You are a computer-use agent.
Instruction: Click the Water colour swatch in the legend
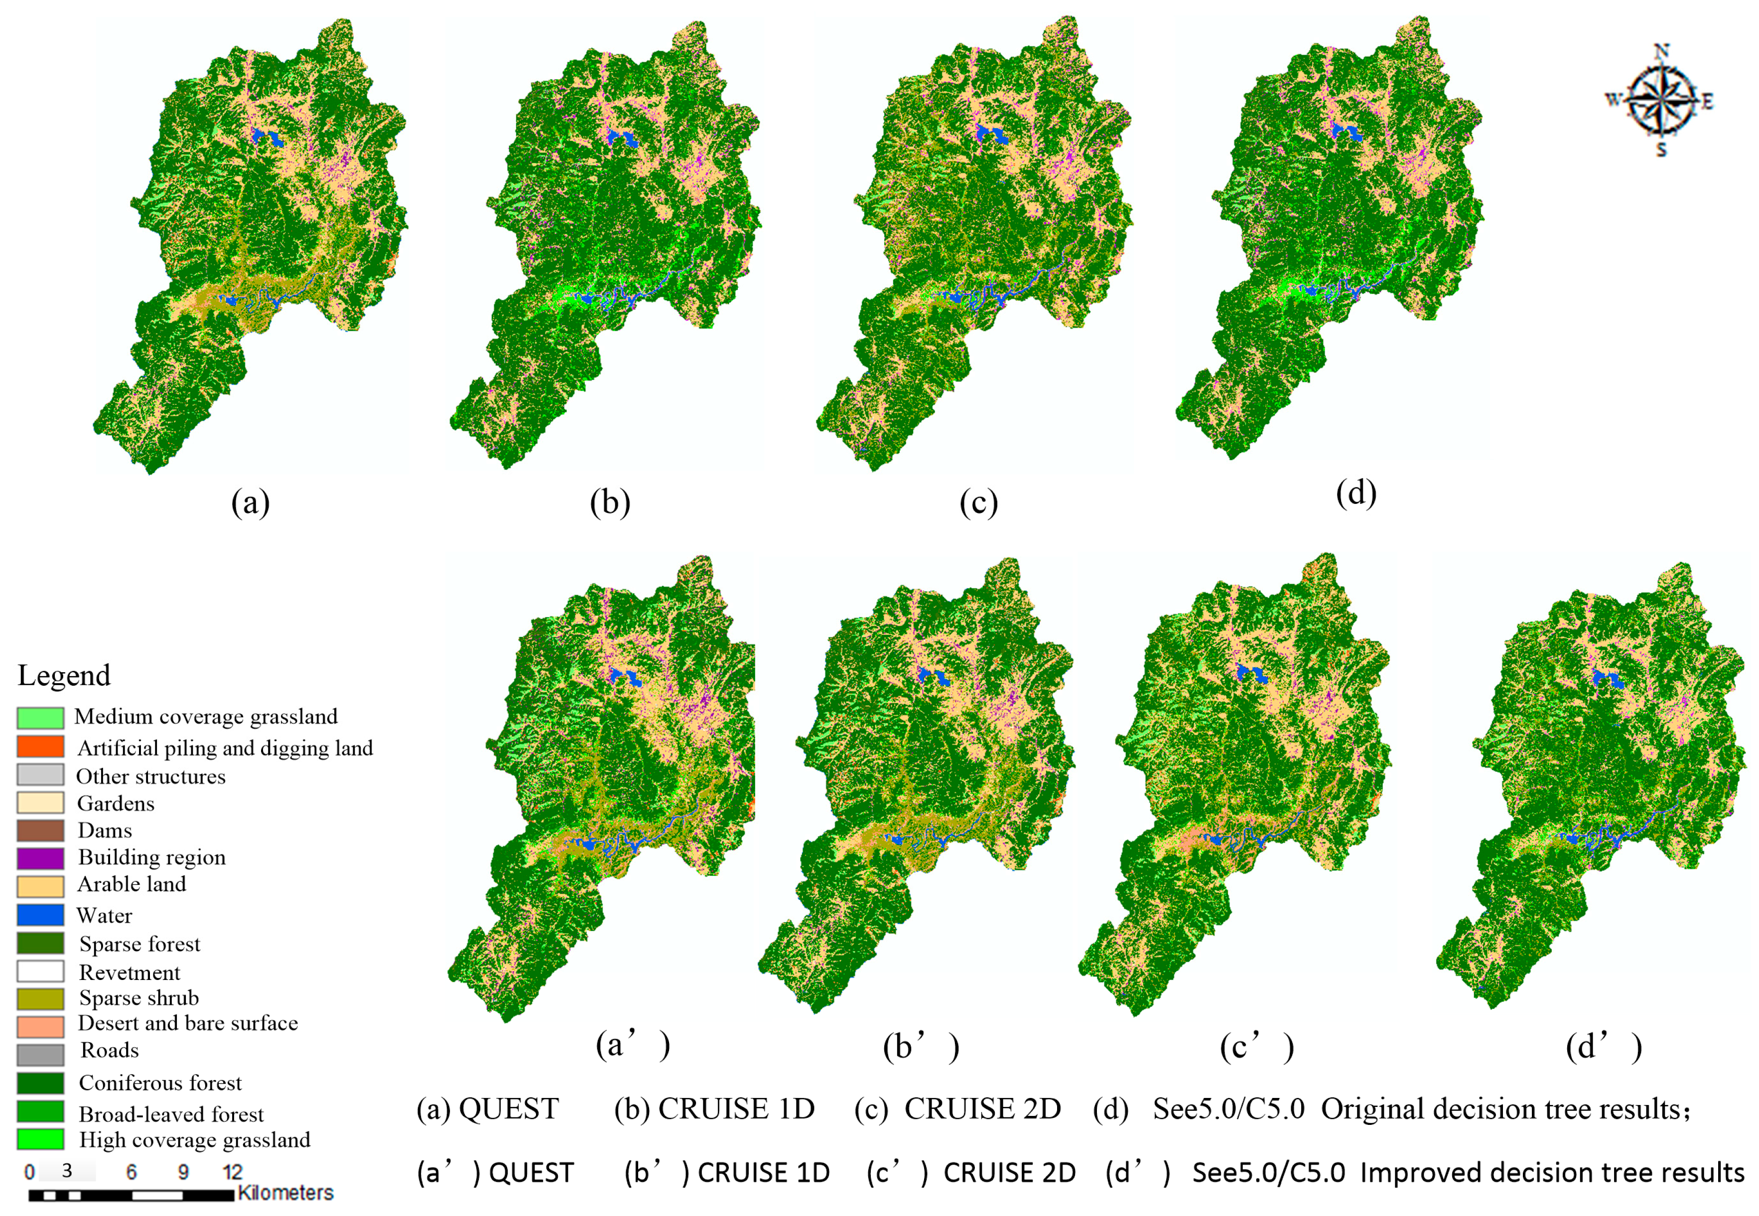pyautogui.click(x=40, y=914)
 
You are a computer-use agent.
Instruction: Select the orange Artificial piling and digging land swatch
pyautogui.click(x=40, y=746)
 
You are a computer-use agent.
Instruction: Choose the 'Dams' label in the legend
pyautogui.click(x=105, y=831)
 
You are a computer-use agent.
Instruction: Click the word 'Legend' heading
pyautogui.click(x=64, y=676)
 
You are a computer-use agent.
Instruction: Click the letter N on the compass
pyautogui.click(x=1661, y=52)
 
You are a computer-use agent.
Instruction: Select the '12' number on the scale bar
pyautogui.click(x=233, y=1172)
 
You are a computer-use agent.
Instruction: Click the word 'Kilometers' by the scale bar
pyautogui.click(x=286, y=1193)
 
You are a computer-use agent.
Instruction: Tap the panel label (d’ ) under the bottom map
pyautogui.click(x=1604, y=1047)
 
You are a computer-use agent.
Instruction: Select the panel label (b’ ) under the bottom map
pyautogui.click(x=921, y=1047)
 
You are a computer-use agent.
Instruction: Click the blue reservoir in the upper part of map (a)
pyautogui.click(x=267, y=138)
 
